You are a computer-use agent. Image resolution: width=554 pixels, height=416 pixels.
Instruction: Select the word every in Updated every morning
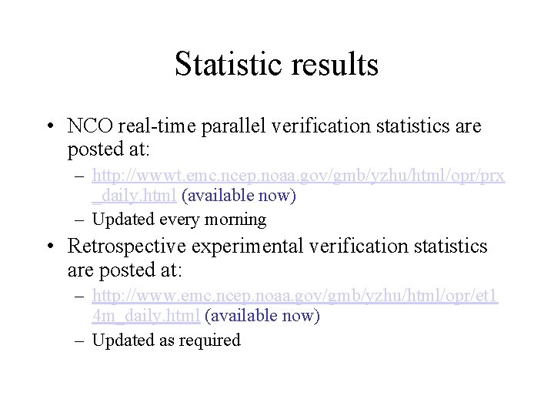(176, 220)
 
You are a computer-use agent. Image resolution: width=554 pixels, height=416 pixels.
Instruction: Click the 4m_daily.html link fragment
(146, 315)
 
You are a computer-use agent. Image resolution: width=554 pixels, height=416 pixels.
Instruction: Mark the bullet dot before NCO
(49, 126)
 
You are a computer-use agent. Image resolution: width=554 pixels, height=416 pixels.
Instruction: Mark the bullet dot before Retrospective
(49, 246)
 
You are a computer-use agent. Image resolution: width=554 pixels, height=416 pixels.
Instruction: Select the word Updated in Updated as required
(120, 340)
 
